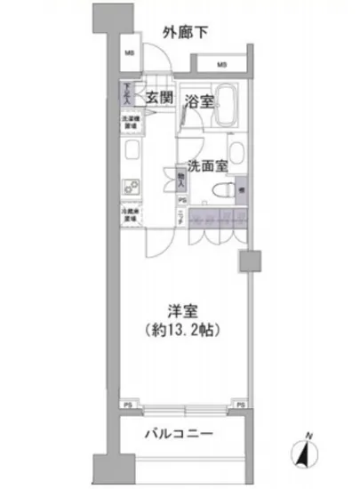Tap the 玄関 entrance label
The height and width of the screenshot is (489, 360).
click(159, 99)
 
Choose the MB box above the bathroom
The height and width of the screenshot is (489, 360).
click(221, 64)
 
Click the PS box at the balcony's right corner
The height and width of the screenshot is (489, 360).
click(241, 404)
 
